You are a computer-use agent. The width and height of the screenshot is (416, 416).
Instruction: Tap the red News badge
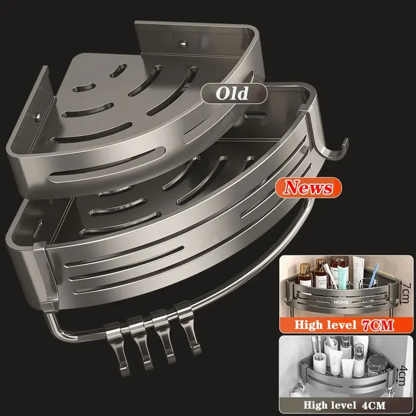coord(308,188)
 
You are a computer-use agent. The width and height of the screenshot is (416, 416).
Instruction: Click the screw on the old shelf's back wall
coord(183,44)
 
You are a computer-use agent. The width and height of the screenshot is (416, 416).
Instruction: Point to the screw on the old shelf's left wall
coord(38,116)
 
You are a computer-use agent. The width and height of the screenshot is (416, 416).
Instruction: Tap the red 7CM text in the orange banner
coord(378,325)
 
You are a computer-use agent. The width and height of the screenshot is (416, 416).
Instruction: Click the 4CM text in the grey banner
coord(373,405)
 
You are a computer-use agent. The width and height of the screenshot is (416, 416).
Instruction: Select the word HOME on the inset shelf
coord(341,302)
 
